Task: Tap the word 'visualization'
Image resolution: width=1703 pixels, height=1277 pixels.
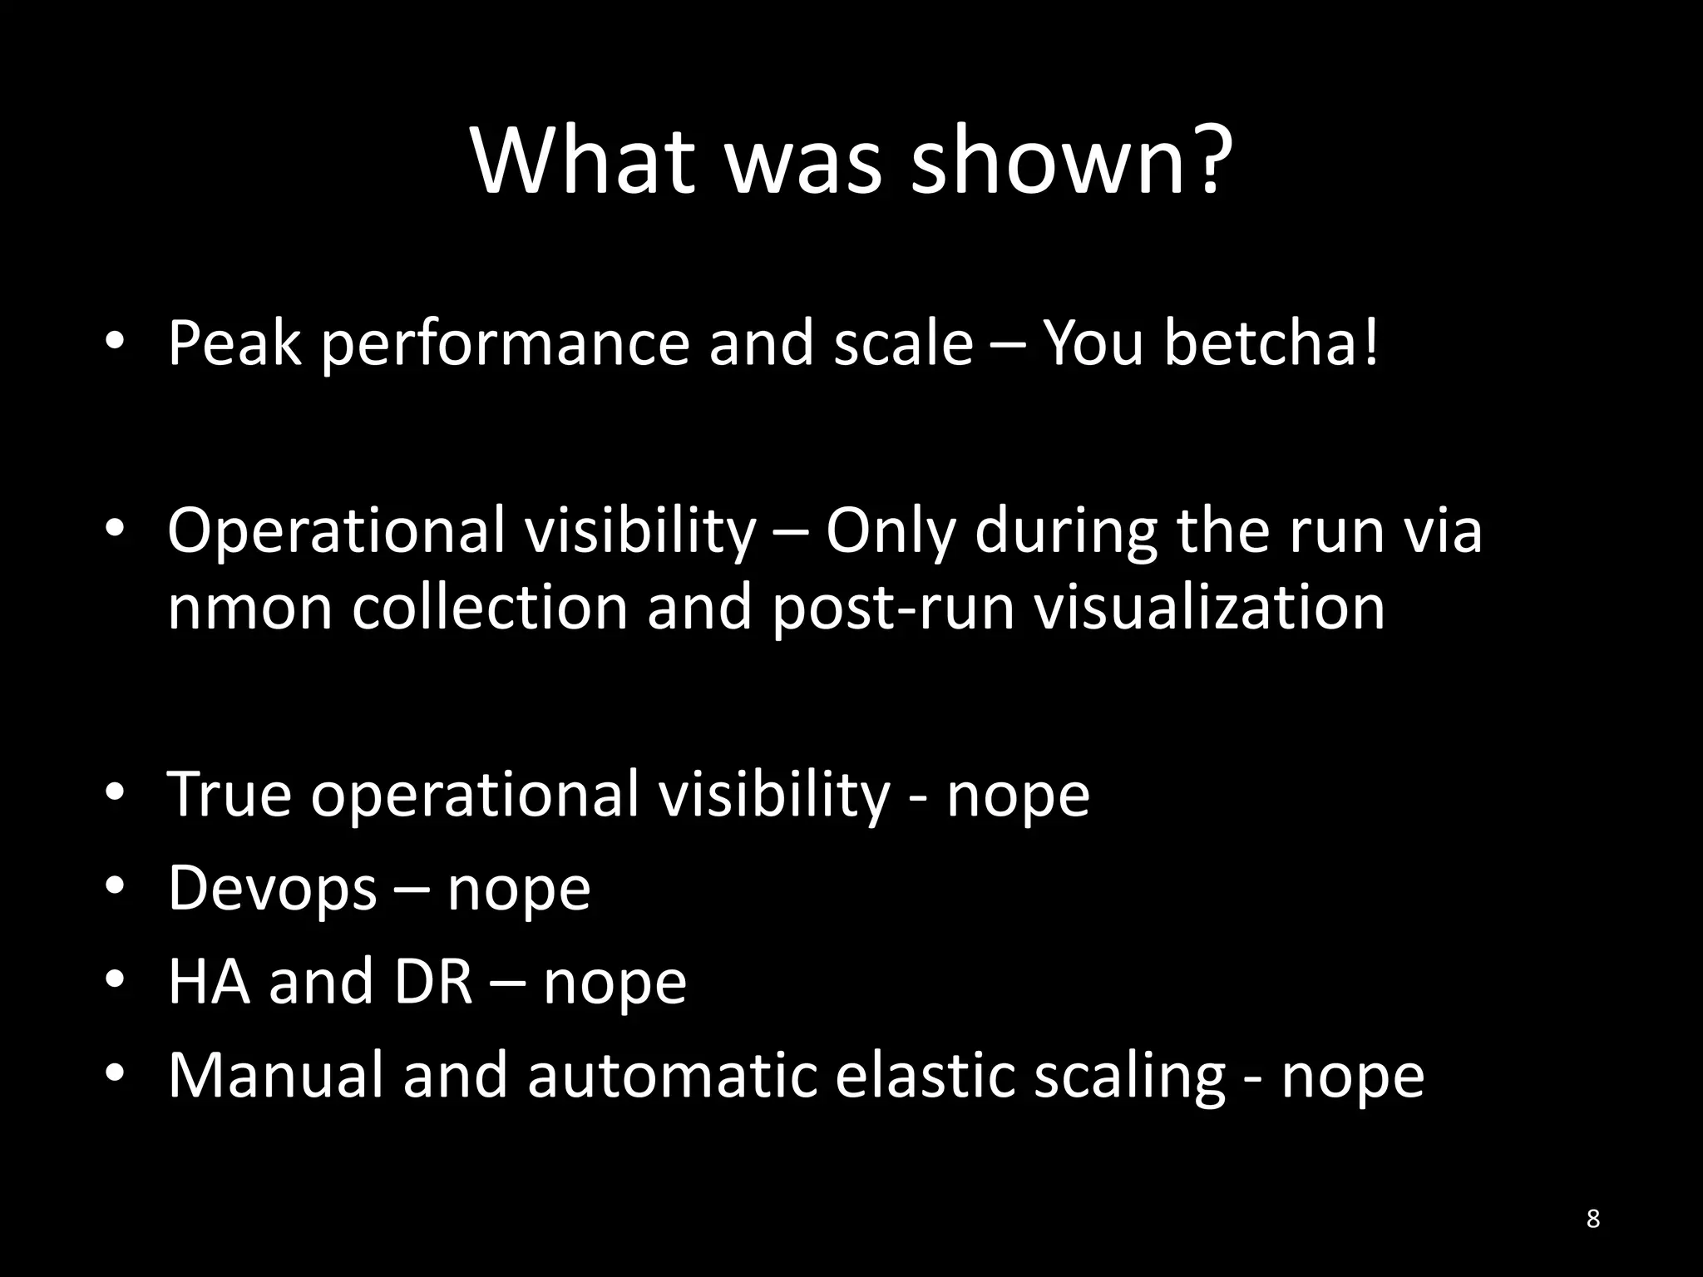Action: tap(1209, 607)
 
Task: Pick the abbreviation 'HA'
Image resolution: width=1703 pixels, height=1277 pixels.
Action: tap(209, 982)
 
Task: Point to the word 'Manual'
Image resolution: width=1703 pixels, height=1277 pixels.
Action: tap(275, 1075)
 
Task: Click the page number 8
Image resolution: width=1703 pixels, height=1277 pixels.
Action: tap(1593, 1220)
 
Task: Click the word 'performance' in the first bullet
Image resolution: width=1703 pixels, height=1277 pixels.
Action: tap(505, 344)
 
